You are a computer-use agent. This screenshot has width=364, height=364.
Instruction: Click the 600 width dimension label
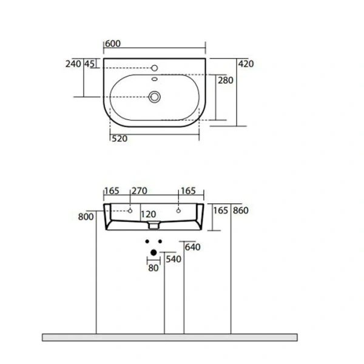click(112, 44)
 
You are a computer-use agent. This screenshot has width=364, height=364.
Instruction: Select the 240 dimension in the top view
click(74, 64)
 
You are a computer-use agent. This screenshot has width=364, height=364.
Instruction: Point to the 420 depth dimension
click(246, 64)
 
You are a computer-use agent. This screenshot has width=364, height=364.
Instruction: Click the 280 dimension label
click(226, 81)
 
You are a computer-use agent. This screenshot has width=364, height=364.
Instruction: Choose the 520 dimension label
click(119, 138)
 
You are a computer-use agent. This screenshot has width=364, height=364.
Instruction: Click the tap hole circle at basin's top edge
click(155, 68)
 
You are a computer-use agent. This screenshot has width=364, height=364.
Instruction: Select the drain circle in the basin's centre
click(155, 95)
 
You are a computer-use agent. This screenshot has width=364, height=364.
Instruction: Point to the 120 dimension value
click(149, 215)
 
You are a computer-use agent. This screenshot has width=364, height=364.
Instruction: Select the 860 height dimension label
click(240, 211)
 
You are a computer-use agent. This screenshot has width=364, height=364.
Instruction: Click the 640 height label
click(192, 247)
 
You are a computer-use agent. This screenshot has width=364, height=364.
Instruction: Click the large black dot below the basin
click(154, 252)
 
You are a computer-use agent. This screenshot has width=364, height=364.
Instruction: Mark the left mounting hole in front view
click(130, 211)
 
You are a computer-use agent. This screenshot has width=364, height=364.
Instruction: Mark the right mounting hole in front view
click(178, 211)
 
